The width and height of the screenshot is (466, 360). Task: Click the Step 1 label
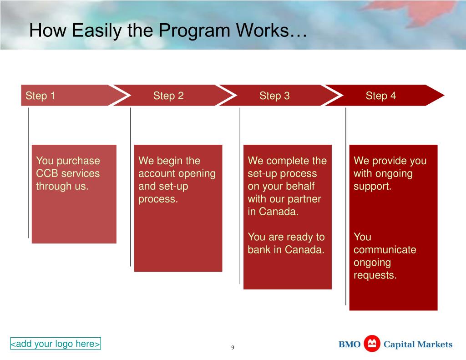(40, 96)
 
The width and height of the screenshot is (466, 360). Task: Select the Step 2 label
(168, 96)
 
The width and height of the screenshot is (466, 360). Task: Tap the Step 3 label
(274, 96)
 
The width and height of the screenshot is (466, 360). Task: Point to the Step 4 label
(381, 96)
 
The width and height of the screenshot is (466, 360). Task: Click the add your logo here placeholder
(56, 344)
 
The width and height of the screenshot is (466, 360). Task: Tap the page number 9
(233, 348)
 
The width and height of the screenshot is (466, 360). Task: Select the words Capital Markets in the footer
(418, 345)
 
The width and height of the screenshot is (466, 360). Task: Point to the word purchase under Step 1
(78, 161)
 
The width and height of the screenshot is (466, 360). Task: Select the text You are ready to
(286, 237)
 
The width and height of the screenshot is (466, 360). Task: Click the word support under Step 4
(372, 186)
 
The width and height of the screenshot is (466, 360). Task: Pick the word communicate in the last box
(385, 250)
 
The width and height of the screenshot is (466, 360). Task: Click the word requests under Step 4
(375, 275)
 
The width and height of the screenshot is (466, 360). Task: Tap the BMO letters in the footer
(349, 345)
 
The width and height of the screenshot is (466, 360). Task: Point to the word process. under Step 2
(158, 199)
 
